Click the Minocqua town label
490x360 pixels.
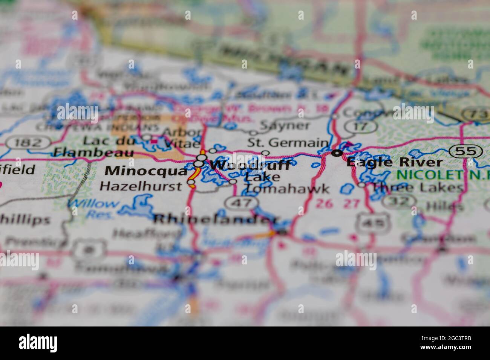pyautogui.click(x=146, y=171)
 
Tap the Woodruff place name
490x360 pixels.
pyautogui.click(x=250, y=165)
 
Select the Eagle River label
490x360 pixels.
pyautogui.click(x=394, y=162)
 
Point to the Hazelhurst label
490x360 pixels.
pyautogui.click(x=141, y=186)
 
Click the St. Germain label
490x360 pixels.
pyautogui.click(x=287, y=143)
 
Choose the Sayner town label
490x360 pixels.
pyautogui.click(x=285, y=125)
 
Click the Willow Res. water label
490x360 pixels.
pyautogui.click(x=94, y=208)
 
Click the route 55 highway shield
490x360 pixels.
pyautogui.click(x=466, y=151)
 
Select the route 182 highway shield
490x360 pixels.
pyautogui.click(x=28, y=143)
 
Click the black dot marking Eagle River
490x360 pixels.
pyautogui.click(x=337, y=153)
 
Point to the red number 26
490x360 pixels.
pyautogui.click(x=325, y=204)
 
